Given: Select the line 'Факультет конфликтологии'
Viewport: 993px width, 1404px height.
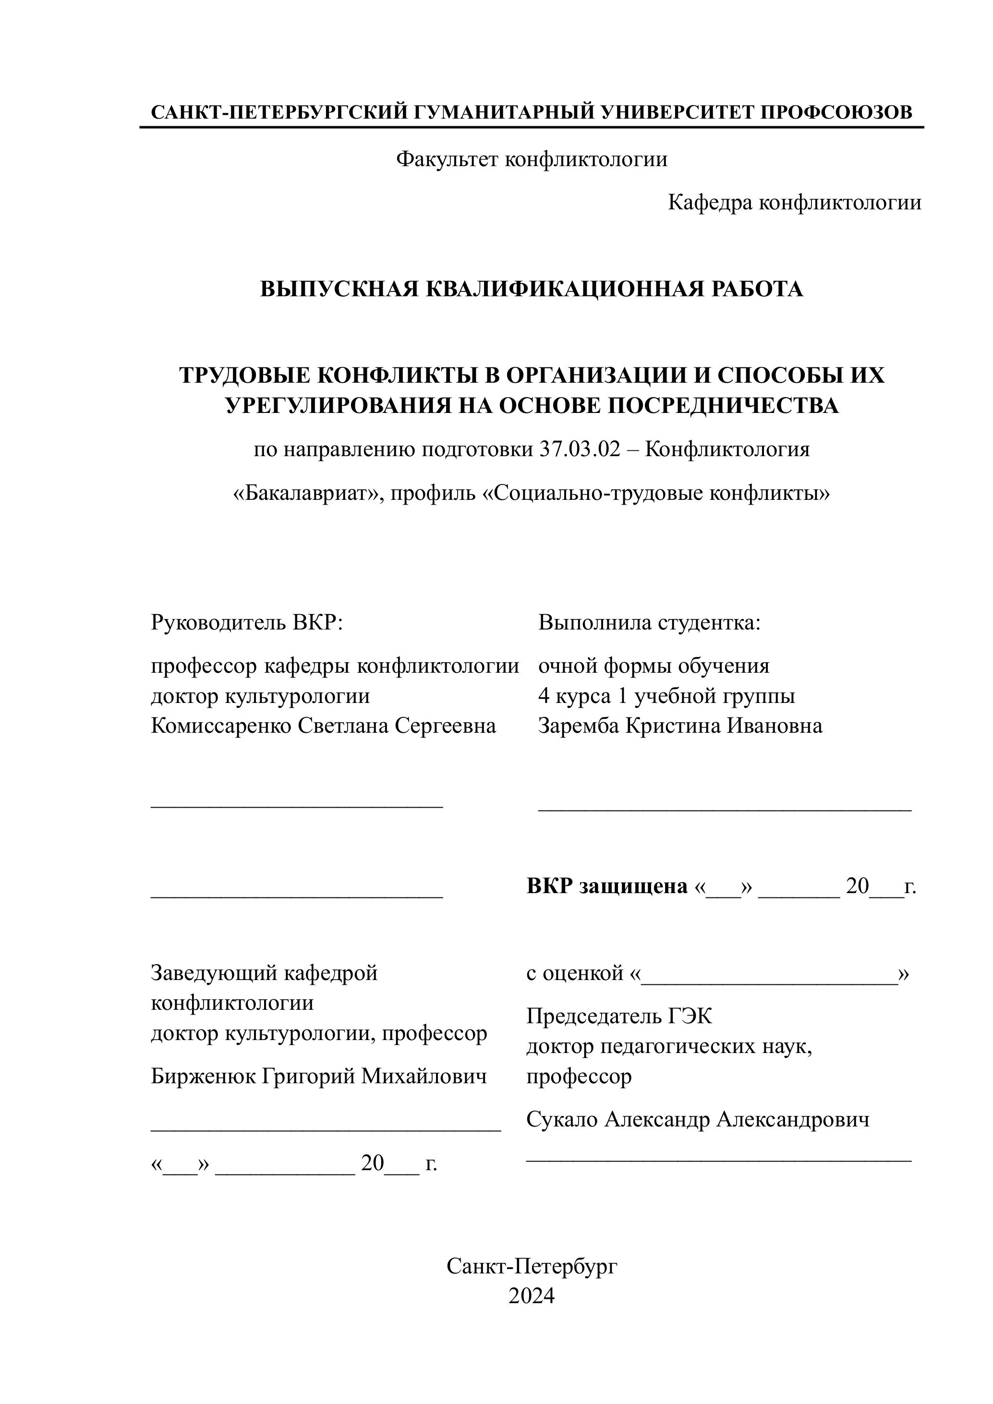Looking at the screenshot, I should coord(532,159).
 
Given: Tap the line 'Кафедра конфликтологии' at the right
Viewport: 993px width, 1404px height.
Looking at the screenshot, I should coord(794,203).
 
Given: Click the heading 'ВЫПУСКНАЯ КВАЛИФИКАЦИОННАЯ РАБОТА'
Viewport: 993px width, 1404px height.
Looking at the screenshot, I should coord(532,289).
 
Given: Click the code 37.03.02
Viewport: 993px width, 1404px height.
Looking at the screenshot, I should coord(580,449).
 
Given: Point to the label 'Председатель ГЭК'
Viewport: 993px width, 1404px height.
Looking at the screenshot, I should coord(619,1017).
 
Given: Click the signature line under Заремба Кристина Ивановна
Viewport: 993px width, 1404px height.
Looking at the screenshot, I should coord(725,809).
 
